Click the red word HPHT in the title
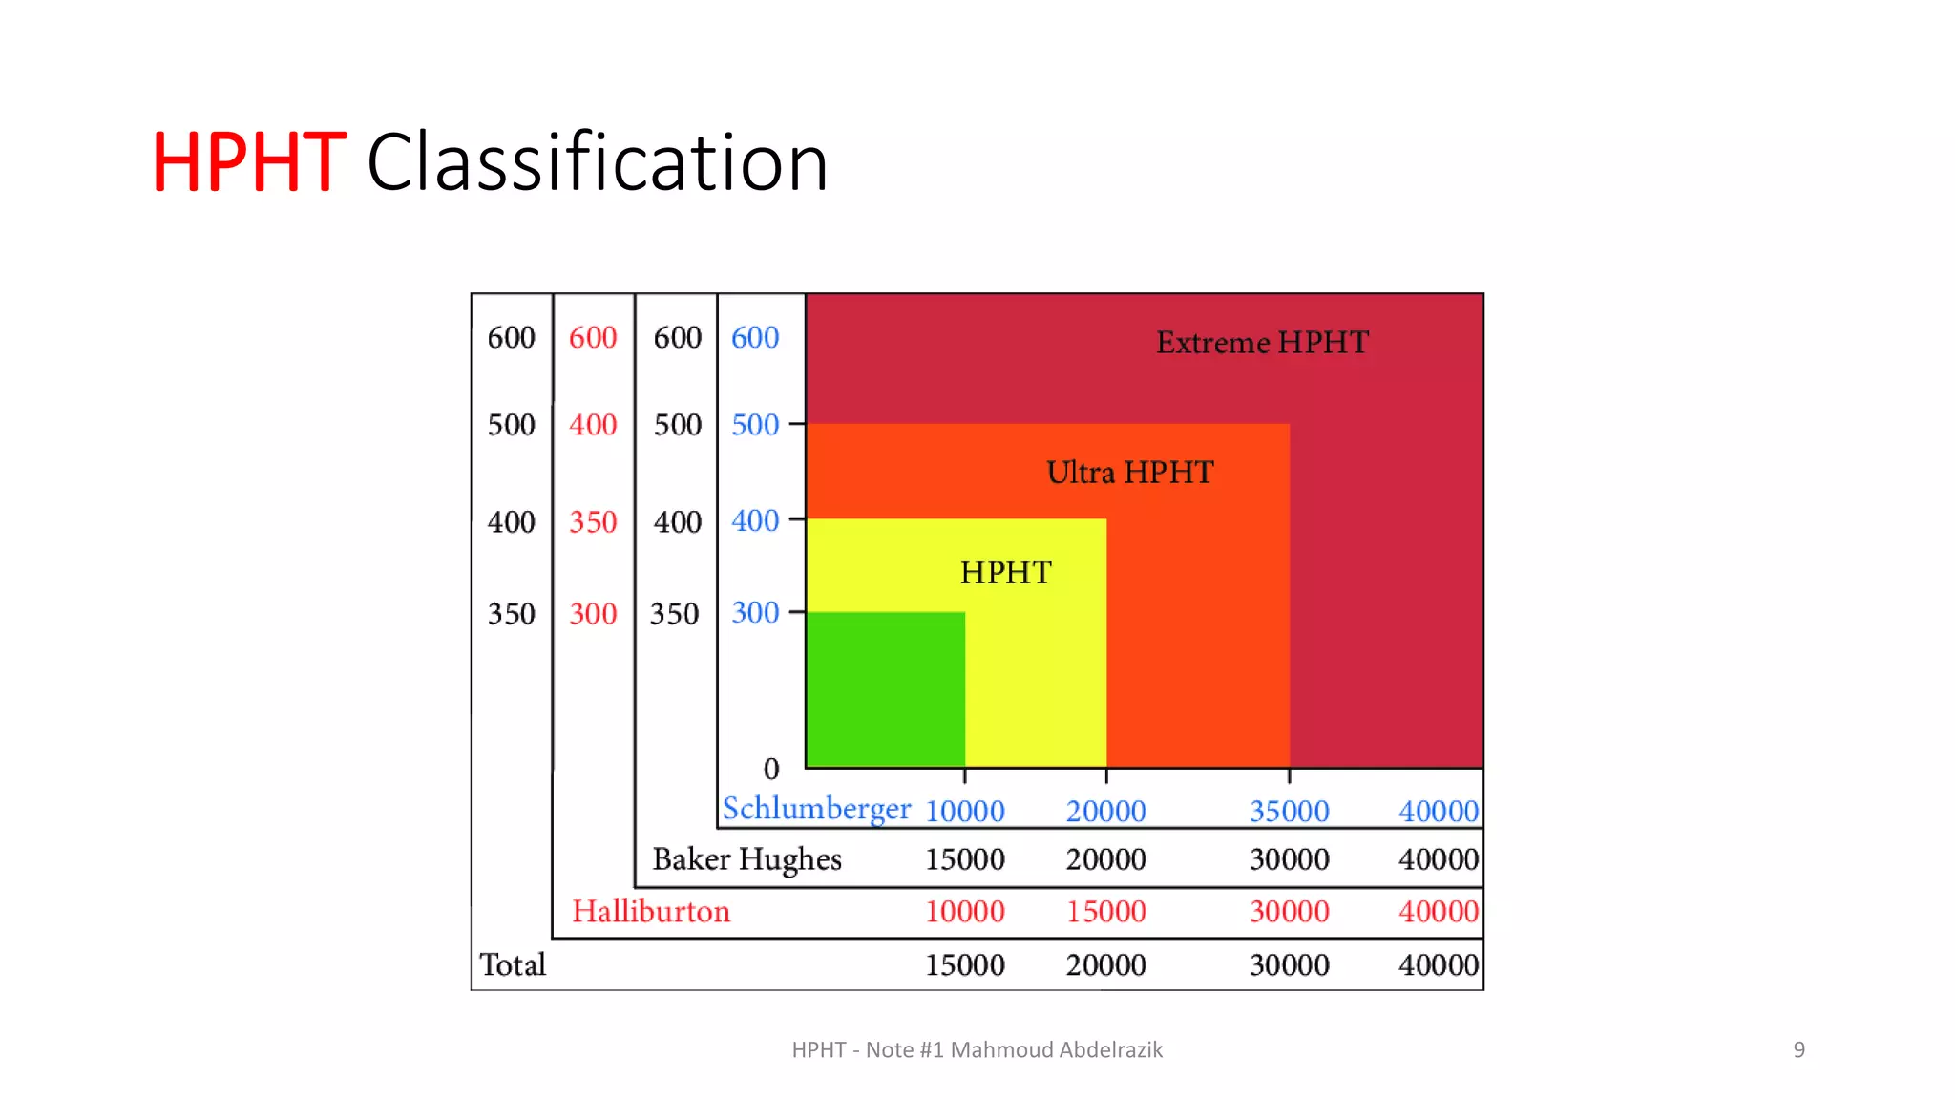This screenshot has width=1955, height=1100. [x=248, y=163]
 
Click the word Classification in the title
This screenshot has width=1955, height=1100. [x=598, y=163]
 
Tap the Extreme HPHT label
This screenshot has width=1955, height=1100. [x=1262, y=342]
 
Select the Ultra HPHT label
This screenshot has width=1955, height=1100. [x=1129, y=472]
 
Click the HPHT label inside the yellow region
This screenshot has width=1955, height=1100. [x=1005, y=572]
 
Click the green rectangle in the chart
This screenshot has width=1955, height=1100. [x=885, y=689]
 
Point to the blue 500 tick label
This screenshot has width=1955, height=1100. [x=755, y=424]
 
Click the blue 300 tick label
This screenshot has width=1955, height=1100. [x=755, y=612]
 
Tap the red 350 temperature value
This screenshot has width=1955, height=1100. [x=593, y=521]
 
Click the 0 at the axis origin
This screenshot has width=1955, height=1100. [x=771, y=769]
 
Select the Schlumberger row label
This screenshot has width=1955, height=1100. [x=816, y=809]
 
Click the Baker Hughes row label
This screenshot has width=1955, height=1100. [x=746, y=858]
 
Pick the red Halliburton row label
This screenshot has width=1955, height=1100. [x=651, y=911]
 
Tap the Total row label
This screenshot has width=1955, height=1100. [x=513, y=964]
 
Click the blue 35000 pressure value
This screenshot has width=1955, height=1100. [x=1289, y=811]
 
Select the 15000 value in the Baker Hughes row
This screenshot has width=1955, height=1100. [x=964, y=858]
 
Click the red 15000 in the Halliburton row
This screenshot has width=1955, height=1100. [x=1105, y=911]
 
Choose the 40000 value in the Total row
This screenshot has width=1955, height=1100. [x=1438, y=964]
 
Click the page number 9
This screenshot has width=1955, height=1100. [x=1798, y=1049]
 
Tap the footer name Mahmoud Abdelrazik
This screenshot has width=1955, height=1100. [x=1056, y=1049]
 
